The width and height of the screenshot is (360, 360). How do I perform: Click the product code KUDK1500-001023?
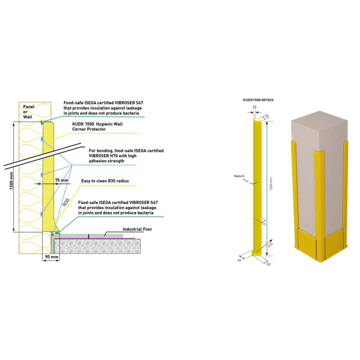click(x=258, y=100)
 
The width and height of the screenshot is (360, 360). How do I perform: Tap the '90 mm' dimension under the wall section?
click(x=52, y=257)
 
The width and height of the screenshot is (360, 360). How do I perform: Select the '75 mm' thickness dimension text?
click(x=61, y=180)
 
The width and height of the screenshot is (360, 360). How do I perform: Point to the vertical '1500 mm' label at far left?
click(x=11, y=181)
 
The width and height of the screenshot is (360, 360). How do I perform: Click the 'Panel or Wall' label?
click(x=28, y=112)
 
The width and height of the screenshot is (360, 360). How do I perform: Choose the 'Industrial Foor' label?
click(x=137, y=229)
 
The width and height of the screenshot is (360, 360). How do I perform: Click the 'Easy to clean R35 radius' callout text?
click(x=105, y=181)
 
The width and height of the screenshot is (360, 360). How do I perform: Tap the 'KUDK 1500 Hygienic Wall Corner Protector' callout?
click(x=97, y=127)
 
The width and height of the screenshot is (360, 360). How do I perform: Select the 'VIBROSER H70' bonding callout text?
click(x=126, y=156)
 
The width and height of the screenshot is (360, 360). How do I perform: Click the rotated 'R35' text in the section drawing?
click(x=66, y=202)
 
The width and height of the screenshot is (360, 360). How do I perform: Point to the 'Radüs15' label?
click(x=239, y=176)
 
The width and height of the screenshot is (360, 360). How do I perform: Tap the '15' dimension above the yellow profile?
click(x=254, y=107)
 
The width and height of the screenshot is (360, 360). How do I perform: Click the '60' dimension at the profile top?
click(x=267, y=116)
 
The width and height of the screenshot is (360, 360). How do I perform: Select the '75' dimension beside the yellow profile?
click(x=264, y=224)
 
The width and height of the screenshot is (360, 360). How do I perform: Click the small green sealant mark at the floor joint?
click(x=57, y=233)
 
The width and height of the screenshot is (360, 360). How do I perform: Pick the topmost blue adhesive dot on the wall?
click(x=41, y=139)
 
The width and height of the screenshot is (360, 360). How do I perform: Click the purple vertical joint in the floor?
click(x=88, y=236)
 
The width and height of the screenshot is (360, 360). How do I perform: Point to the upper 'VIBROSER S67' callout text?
click(x=103, y=108)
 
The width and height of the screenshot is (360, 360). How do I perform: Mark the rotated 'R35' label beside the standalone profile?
click(x=270, y=245)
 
